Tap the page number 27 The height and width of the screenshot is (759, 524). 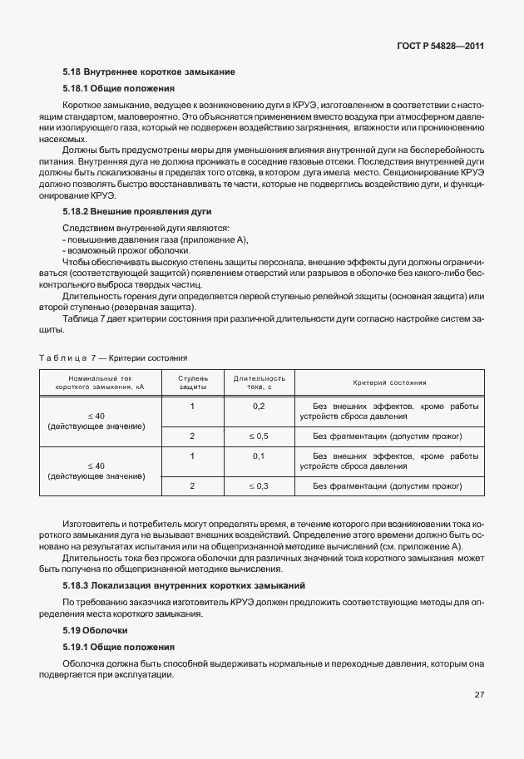tap(479, 694)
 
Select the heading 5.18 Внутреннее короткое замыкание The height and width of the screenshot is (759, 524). tap(149, 72)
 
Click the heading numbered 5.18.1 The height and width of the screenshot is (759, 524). tap(118, 88)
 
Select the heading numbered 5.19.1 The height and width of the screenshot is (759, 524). tap(118, 646)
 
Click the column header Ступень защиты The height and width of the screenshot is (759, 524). tap(192, 382)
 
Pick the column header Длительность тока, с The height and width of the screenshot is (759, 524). tap(259, 382)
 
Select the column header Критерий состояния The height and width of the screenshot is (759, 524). tap(389, 382)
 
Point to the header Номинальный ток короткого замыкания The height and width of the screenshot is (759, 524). tap(96, 382)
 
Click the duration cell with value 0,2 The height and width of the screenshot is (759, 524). tap(259, 406)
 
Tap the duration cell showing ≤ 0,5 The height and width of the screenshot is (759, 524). tap(259, 436)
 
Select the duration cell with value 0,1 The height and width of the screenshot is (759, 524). tap(259, 456)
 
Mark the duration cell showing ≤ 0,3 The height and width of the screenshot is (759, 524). tap(259, 485)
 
